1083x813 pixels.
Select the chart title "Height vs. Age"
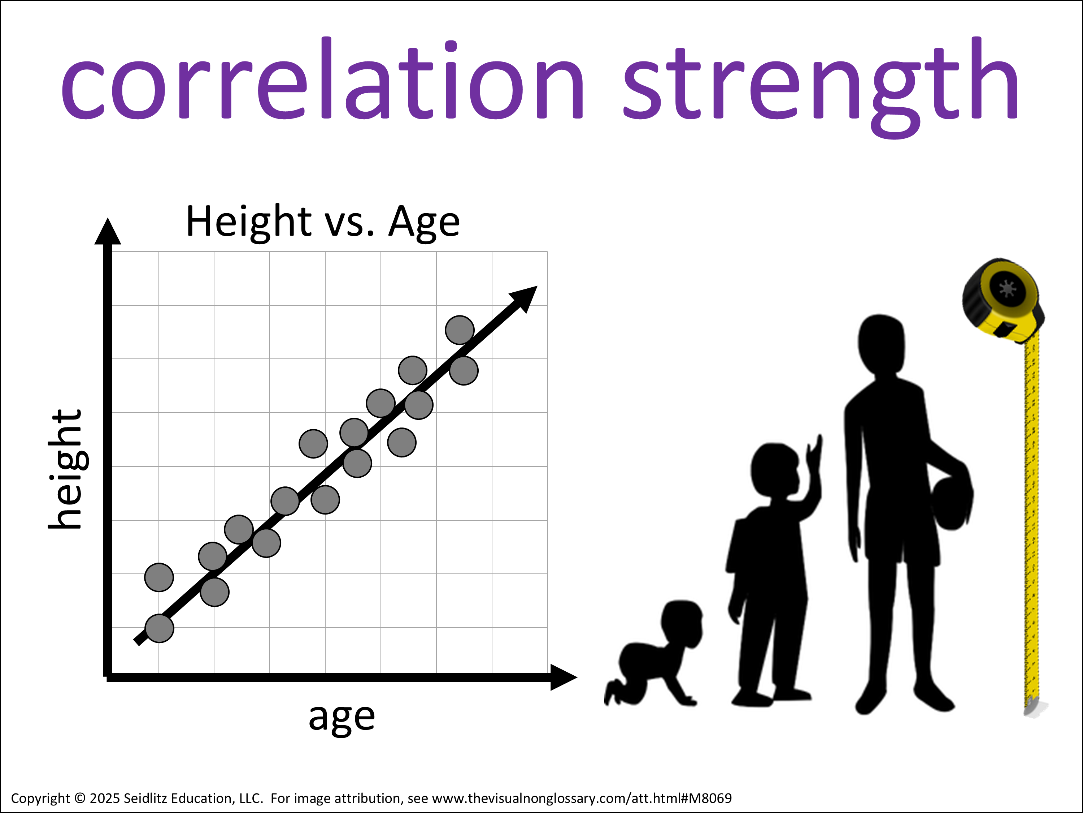coord(323,222)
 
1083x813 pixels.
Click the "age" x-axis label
coord(342,718)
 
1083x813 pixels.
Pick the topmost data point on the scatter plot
coord(459,330)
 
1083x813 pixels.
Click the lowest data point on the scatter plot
coord(160,628)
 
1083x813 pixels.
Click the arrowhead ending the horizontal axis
coord(564,677)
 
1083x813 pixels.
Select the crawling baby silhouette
coord(654,653)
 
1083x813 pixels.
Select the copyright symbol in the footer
coord(80,798)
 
